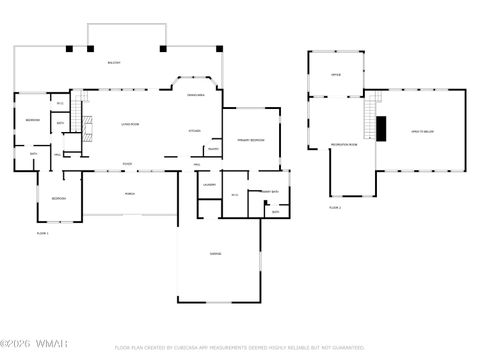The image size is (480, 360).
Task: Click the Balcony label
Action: pos(114,63)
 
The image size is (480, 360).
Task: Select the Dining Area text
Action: pos(196,95)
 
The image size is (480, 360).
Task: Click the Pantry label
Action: pos(213,148)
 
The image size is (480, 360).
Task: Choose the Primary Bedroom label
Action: pos(250,140)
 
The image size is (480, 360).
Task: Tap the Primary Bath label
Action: pos(270,191)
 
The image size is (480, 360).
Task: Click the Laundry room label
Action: pos(209,185)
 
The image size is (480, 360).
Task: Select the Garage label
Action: pos(215,254)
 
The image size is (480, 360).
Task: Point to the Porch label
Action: pos(130,193)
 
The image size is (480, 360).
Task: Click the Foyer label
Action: pos(128,164)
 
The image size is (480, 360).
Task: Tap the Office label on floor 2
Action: pos(336,73)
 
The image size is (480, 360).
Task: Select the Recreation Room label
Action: pos(344,145)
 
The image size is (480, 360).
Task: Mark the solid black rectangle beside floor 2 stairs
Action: pos(381,128)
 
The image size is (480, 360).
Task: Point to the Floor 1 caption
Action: pos(42,233)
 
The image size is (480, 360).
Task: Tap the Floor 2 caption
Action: pos(335,207)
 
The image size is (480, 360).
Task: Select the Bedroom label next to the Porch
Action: pos(59,198)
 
